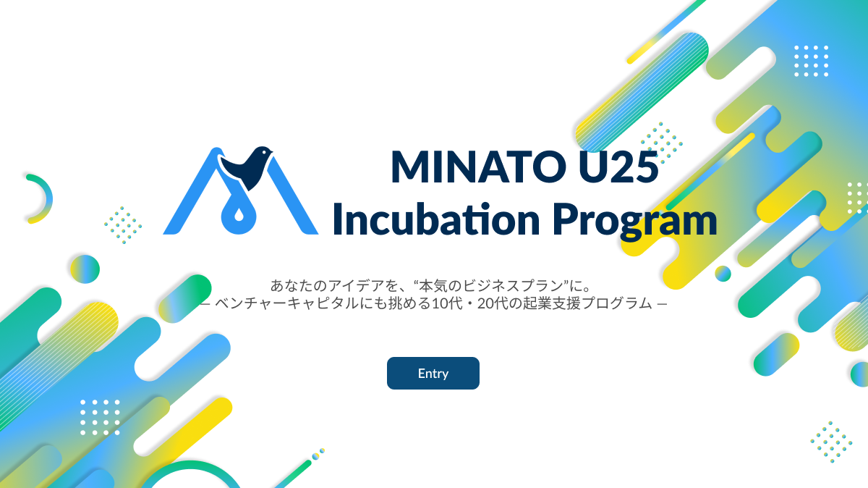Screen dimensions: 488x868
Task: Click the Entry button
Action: click(433, 374)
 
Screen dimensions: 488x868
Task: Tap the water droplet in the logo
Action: click(239, 216)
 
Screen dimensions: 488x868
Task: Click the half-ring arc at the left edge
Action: click(41, 198)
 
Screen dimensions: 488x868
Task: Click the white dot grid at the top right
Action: click(811, 60)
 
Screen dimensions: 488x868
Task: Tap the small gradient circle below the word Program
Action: click(723, 274)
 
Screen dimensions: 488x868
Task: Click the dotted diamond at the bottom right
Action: click(831, 441)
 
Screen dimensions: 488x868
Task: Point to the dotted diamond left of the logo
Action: click(123, 224)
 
